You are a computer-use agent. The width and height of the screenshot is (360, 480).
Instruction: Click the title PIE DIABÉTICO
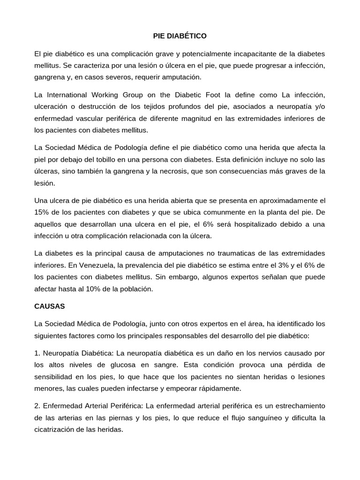pos(180,36)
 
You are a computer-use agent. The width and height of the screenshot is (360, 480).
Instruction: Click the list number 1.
pos(37,352)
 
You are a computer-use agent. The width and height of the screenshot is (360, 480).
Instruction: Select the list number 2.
pos(37,405)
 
